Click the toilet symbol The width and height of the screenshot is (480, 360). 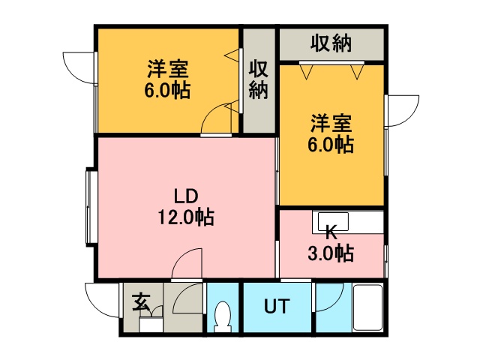[222, 316]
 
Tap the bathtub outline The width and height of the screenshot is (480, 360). [367, 307]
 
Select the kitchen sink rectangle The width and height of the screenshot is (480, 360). [333, 222]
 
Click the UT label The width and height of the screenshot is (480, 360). [277, 306]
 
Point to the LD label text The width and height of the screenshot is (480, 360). [186, 196]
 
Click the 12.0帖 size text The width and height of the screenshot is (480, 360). [186, 217]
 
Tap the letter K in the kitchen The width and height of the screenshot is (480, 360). [331, 233]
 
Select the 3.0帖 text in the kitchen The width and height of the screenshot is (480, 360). [331, 253]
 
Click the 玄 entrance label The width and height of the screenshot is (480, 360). [141, 302]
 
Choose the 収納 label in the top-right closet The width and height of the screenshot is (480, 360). [331, 43]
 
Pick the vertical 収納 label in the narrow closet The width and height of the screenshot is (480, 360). [258, 79]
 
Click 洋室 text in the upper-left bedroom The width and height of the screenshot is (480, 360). [168, 69]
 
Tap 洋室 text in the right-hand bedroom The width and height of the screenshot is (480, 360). [331, 123]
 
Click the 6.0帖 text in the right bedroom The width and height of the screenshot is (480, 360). [331, 145]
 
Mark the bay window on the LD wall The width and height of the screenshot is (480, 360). [91, 207]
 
